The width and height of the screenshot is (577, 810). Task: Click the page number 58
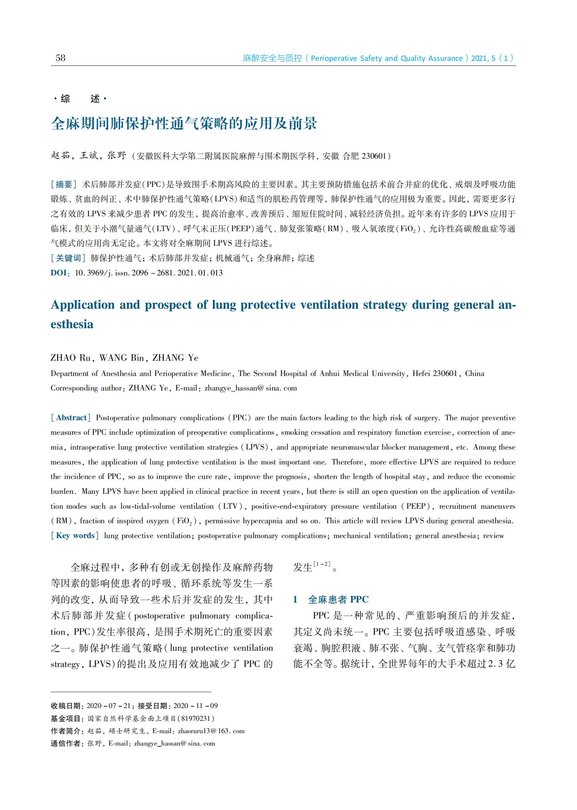click(x=61, y=58)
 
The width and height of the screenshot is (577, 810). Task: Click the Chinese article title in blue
click(x=184, y=123)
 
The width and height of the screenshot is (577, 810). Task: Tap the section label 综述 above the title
click(x=80, y=98)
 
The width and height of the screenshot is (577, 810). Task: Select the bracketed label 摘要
click(x=64, y=184)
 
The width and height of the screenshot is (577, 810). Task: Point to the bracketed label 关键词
click(x=68, y=258)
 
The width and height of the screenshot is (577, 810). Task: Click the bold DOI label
click(x=59, y=273)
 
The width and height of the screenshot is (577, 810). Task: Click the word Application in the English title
click(x=82, y=305)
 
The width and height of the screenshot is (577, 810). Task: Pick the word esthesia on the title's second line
click(x=72, y=324)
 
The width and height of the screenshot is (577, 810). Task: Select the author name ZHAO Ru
click(x=70, y=358)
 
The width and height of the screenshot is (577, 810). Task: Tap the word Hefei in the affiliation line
click(x=421, y=373)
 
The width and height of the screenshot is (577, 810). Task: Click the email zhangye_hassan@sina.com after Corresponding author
click(x=251, y=388)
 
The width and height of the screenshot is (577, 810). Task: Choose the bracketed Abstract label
click(x=71, y=418)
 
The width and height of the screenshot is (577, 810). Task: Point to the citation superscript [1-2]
click(x=322, y=564)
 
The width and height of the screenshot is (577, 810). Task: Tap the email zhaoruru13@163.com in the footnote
click(x=211, y=731)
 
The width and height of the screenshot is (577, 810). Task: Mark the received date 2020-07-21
click(x=108, y=706)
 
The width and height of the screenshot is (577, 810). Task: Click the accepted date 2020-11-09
click(x=195, y=706)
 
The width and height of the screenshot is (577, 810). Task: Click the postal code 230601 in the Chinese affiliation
click(x=373, y=156)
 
